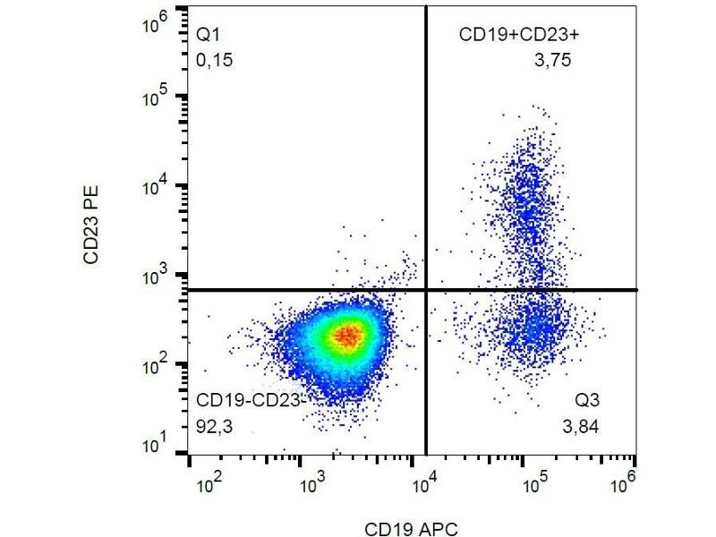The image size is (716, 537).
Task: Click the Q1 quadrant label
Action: (208, 35)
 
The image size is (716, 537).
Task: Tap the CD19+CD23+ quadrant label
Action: (514, 35)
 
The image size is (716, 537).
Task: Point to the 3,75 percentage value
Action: (551, 61)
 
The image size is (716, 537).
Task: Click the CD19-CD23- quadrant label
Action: (251, 399)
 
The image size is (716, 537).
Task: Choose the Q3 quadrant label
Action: (588, 399)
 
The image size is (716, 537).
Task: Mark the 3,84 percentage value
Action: (581, 426)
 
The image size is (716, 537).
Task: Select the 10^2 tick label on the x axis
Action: (208, 484)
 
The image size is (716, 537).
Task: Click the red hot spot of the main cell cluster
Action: (347, 336)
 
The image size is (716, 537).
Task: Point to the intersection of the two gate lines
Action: (425, 290)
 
